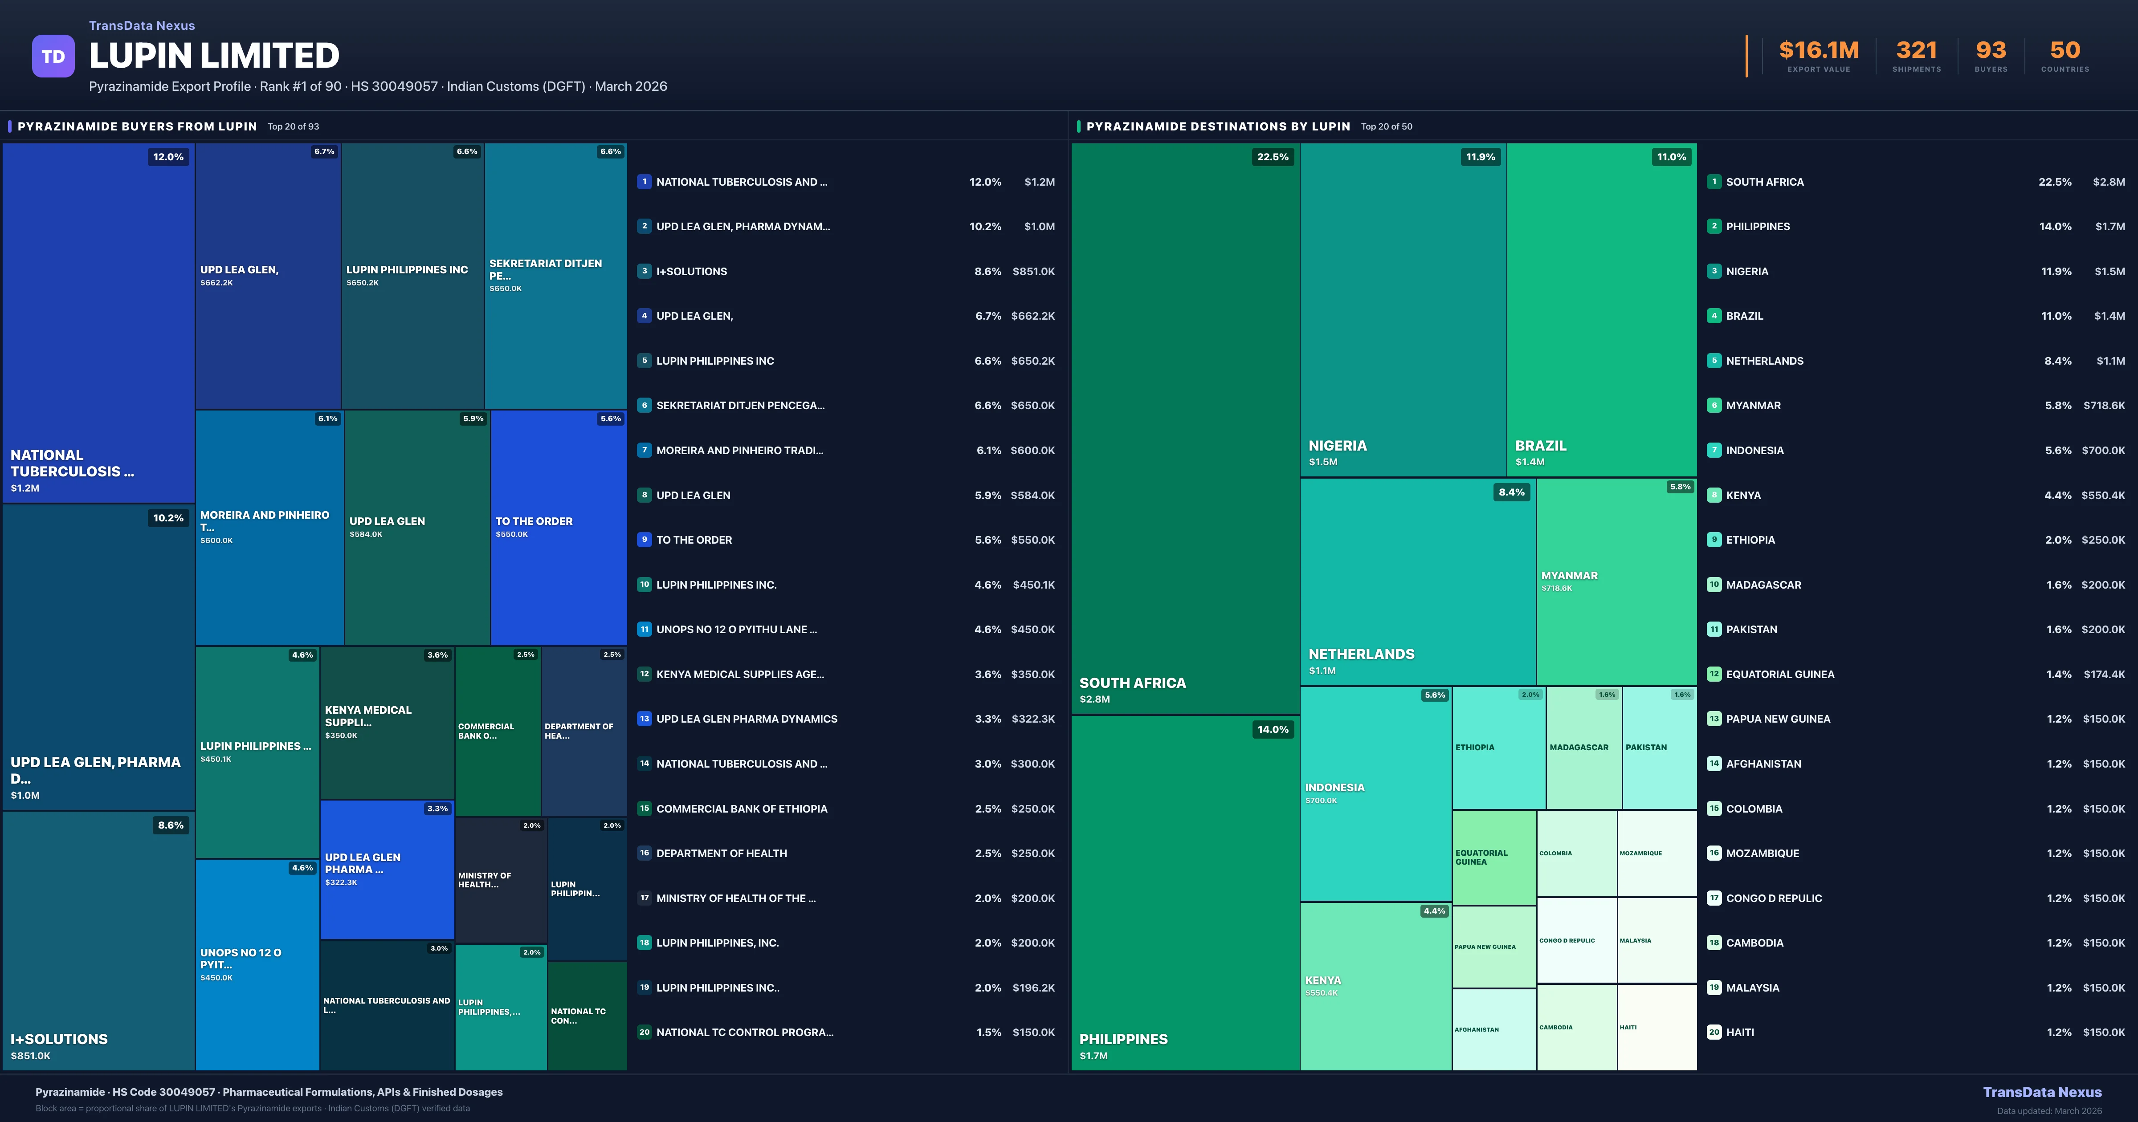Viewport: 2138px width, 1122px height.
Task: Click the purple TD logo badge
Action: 53,57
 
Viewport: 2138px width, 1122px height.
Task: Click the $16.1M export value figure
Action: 1819,51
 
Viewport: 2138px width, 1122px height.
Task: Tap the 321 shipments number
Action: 1916,51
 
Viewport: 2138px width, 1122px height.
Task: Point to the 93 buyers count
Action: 1990,51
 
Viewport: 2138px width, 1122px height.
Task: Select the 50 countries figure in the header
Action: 2065,51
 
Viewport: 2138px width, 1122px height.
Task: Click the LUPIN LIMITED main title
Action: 214,56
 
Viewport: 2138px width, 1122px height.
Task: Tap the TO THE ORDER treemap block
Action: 558,527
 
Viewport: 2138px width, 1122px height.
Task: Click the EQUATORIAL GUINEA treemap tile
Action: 1493,857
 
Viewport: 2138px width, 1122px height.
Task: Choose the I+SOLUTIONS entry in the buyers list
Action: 691,271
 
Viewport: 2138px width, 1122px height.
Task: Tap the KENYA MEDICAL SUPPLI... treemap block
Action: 387,722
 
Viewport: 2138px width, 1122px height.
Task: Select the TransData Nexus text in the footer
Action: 2042,1092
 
